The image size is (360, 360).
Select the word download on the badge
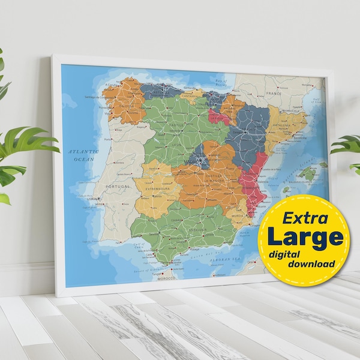311,264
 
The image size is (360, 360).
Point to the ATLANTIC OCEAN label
82,156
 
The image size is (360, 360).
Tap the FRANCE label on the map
274,94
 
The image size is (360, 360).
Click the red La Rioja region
218,116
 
